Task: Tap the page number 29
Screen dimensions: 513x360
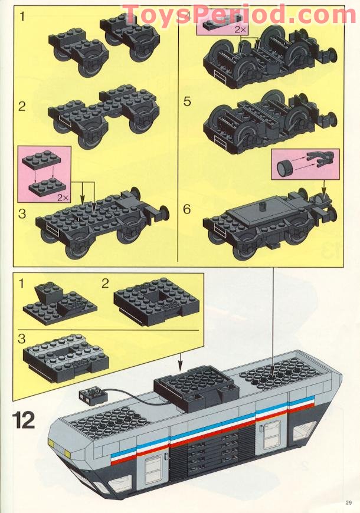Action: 349,502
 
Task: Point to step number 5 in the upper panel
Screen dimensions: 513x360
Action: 187,101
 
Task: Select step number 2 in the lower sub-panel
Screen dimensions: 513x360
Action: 105,284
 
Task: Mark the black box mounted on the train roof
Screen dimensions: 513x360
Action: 196,386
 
